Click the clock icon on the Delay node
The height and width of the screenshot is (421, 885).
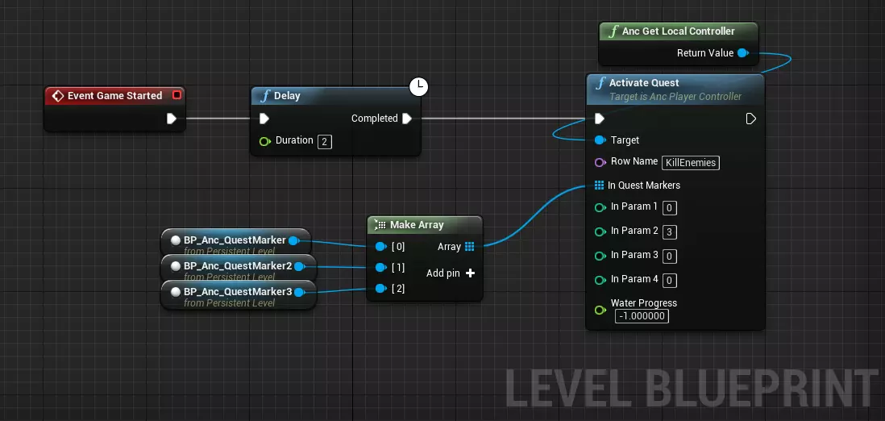(418, 86)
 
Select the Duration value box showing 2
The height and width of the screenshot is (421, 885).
(325, 141)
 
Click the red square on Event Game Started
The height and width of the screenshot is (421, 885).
(177, 95)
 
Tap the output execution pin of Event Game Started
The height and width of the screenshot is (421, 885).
(172, 119)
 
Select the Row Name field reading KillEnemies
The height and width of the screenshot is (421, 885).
(691, 163)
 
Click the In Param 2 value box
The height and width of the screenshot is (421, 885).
(670, 231)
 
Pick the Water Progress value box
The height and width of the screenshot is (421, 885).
(642, 316)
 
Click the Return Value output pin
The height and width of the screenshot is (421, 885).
(743, 53)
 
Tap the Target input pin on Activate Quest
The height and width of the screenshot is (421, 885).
(600, 140)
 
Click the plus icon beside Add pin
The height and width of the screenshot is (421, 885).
(470, 273)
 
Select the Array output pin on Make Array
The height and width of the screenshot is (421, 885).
(470, 246)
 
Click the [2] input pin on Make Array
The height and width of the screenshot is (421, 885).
(381, 288)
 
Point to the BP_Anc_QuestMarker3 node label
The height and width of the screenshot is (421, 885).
(238, 292)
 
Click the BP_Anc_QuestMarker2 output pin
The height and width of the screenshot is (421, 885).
(299, 266)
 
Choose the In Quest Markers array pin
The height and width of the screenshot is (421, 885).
(600, 185)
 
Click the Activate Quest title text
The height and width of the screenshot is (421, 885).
(644, 82)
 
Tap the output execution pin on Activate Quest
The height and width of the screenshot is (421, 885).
(750, 119)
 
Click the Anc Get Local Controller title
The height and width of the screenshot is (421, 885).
(679, 31)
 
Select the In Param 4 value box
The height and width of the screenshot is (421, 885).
(670, 281)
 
